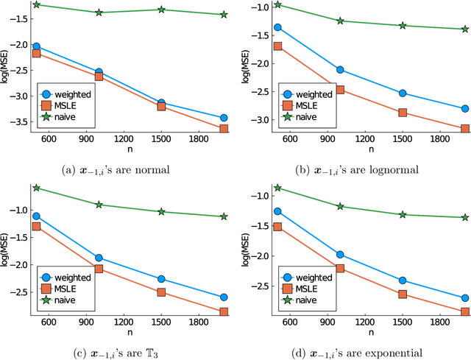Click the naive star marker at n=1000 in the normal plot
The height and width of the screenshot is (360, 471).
point(99,13)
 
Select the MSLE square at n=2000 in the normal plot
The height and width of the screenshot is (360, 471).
point(224,129)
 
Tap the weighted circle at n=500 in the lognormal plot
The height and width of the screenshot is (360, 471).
point(277,27)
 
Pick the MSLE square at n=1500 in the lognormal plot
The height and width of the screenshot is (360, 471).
point(403,113)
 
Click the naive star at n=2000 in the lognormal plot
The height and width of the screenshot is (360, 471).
point(464,29)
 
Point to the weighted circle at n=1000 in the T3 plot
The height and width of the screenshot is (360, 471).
point(99,258)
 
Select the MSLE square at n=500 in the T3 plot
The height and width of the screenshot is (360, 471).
point(37,226)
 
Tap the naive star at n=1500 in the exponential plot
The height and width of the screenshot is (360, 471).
point(403,215)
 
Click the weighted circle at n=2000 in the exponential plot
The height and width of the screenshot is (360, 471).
point(464,298)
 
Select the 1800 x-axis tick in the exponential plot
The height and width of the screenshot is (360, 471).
point(439,323)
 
